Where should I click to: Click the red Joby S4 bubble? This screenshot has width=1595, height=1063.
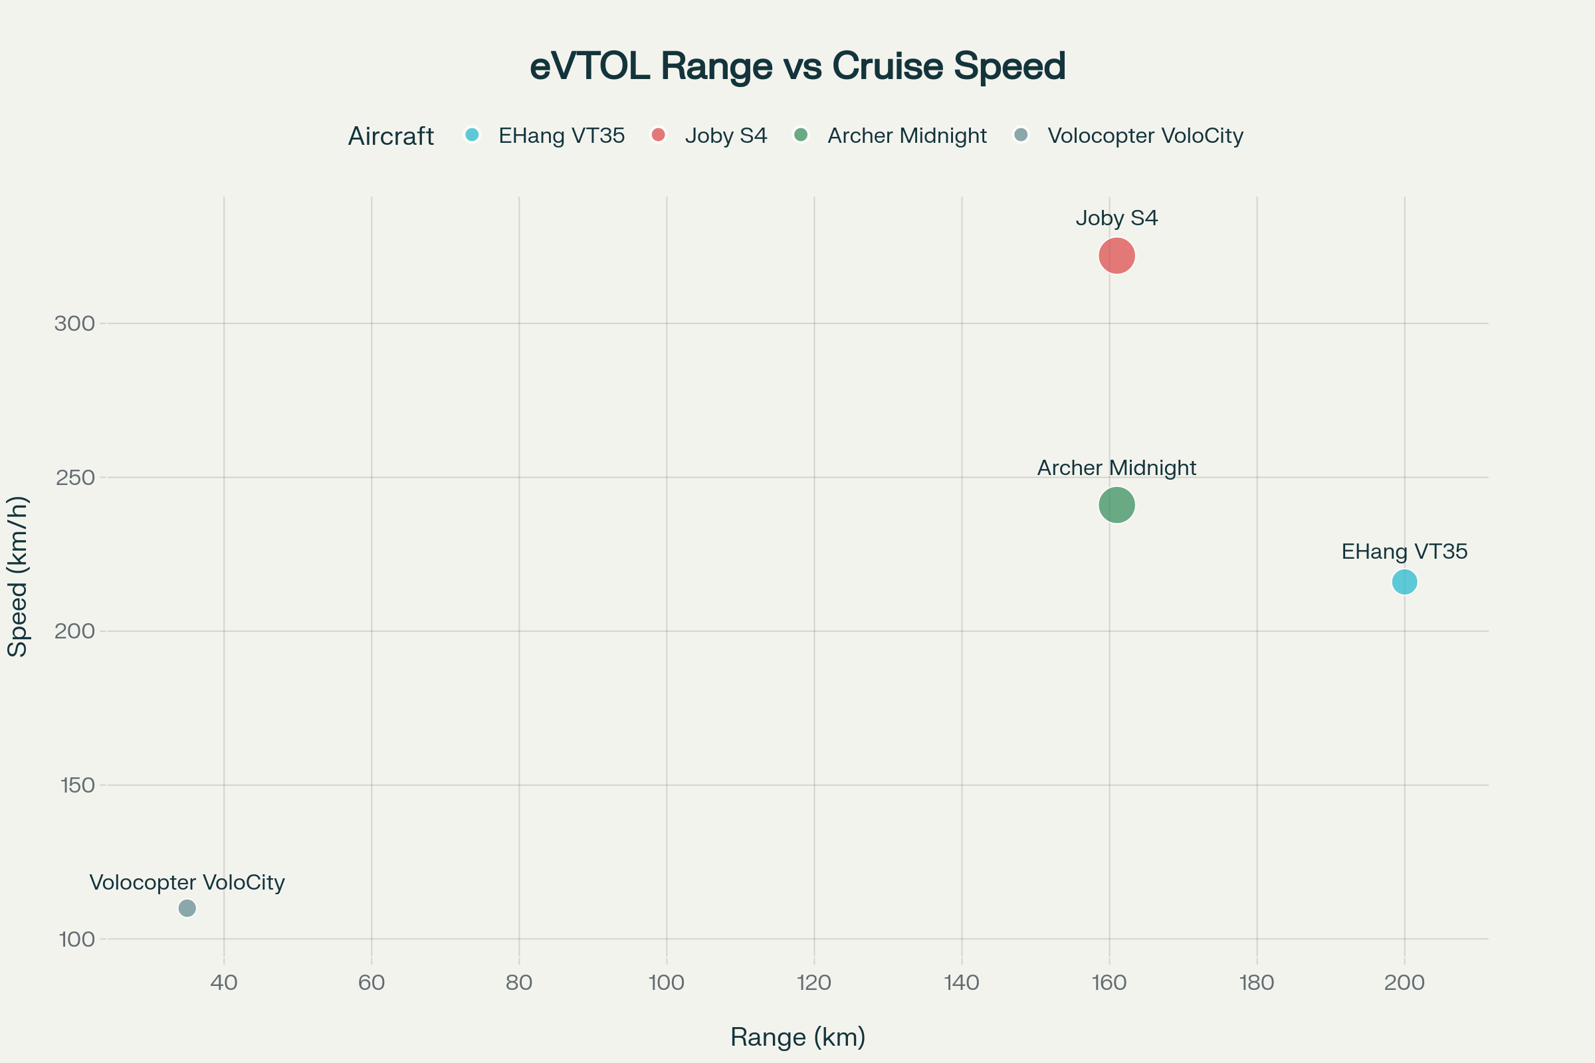(x=1116, y=256)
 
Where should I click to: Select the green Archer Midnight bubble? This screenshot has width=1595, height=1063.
(x=1116, y=505)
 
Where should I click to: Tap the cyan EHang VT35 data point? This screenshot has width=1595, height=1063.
(x=1404, y=582)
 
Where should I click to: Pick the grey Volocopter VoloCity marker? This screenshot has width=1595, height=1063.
(x=187, y=908)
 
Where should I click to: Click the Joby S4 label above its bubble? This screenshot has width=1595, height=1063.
(x=1116, y=219)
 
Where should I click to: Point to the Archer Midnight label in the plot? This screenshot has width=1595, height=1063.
(x=1116, y=468)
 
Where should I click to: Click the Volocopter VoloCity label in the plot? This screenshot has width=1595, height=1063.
(x=187, y=883)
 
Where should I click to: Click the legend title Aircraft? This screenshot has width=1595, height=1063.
(x=391, y=136)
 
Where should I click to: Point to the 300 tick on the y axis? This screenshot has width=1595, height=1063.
(x=74, y=324)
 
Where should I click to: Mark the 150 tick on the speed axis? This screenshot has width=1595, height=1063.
(x=77, y=785)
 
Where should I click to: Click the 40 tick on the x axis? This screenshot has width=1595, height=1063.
(x=224, y=983)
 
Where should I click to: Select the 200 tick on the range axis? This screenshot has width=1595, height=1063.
(x=1404, y=983)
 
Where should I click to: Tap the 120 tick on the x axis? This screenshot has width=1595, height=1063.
(x=813, y=983)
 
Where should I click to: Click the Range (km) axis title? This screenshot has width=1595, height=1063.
(x=797, y=1037)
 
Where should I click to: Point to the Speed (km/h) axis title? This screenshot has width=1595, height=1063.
(x=18, y=576)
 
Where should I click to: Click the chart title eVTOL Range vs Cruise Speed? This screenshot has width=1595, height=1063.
(x=797, y=66)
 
